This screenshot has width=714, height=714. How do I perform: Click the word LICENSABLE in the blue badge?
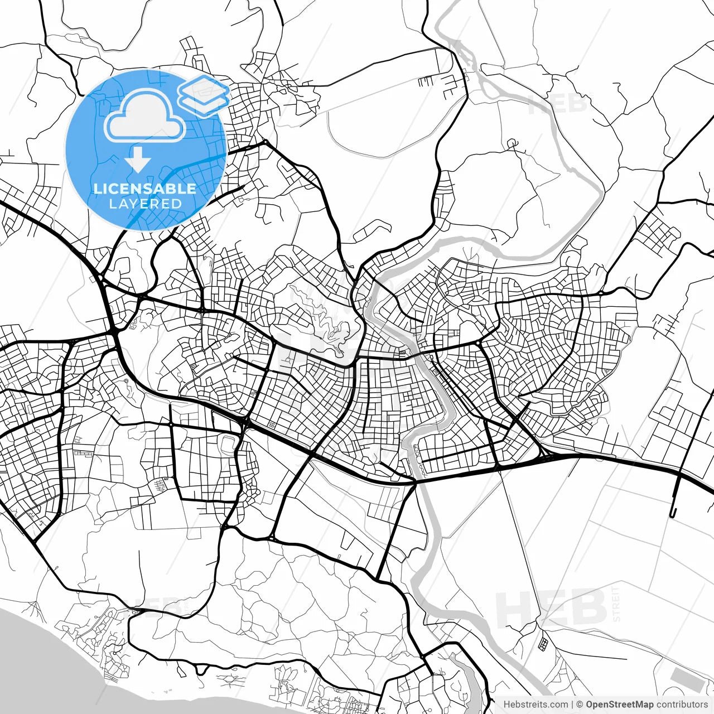(145, 189)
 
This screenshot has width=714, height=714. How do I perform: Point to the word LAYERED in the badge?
(145, 204)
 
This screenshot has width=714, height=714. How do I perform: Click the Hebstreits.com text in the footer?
(535, 705)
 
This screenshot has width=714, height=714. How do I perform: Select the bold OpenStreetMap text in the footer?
(619, 705)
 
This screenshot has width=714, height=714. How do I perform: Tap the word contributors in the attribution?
(682, 705)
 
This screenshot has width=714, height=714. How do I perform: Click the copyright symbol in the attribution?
(580, 705)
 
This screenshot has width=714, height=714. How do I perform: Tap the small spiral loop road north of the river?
(512, 144)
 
